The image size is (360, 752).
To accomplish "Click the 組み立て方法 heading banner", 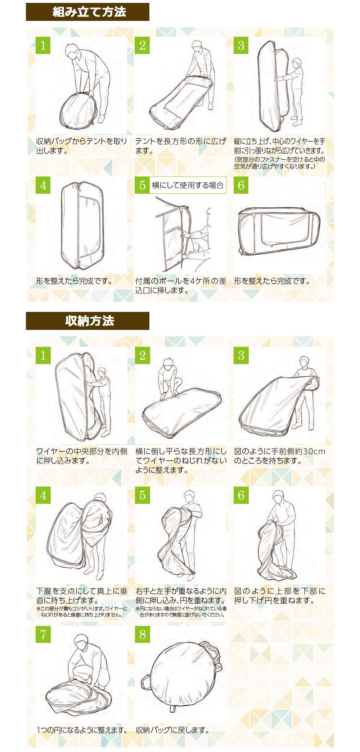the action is click(87, 12).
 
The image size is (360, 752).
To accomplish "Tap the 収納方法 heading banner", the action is click(87, 321).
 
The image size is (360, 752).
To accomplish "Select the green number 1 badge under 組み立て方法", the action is click(43, 45).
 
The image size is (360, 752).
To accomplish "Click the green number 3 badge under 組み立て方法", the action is click(241, 45).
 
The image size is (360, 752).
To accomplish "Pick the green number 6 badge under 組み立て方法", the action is click(241, 185).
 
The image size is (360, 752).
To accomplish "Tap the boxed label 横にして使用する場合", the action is click(188, 185).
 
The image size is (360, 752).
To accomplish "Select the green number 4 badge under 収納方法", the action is click(43, 495).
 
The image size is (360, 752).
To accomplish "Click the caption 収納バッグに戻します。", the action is click(172, 730).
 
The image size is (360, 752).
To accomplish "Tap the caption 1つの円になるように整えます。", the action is click(82, 730).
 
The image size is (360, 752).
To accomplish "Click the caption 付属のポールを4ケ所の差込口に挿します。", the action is click(181, 286).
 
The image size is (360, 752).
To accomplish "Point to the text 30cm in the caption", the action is click(314, 451).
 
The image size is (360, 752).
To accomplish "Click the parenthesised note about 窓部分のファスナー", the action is click(280, 163).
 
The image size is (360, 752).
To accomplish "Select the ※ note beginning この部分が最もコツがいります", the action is click(82, 612).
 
